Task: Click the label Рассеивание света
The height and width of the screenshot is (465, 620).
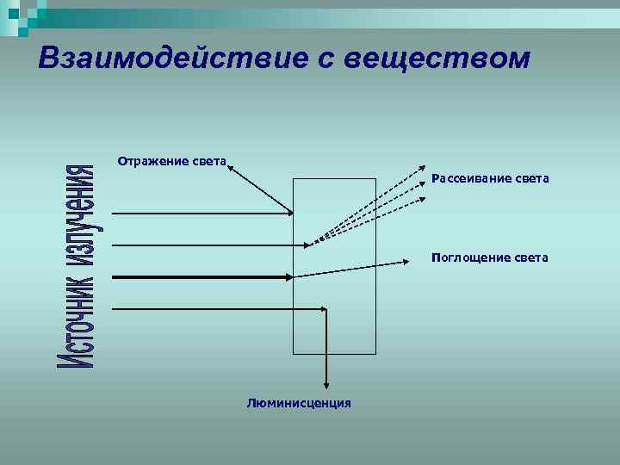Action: coord(490,178)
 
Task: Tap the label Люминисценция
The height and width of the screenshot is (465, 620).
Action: coord(298,402)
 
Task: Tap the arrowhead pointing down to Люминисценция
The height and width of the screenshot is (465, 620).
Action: coord(325,385)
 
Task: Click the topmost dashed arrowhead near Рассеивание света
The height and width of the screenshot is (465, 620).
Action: coord(422,169)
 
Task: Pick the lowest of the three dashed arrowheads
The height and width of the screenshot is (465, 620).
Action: coord(422,200)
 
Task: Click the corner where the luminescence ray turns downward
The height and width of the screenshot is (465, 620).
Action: coord(325,308)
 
